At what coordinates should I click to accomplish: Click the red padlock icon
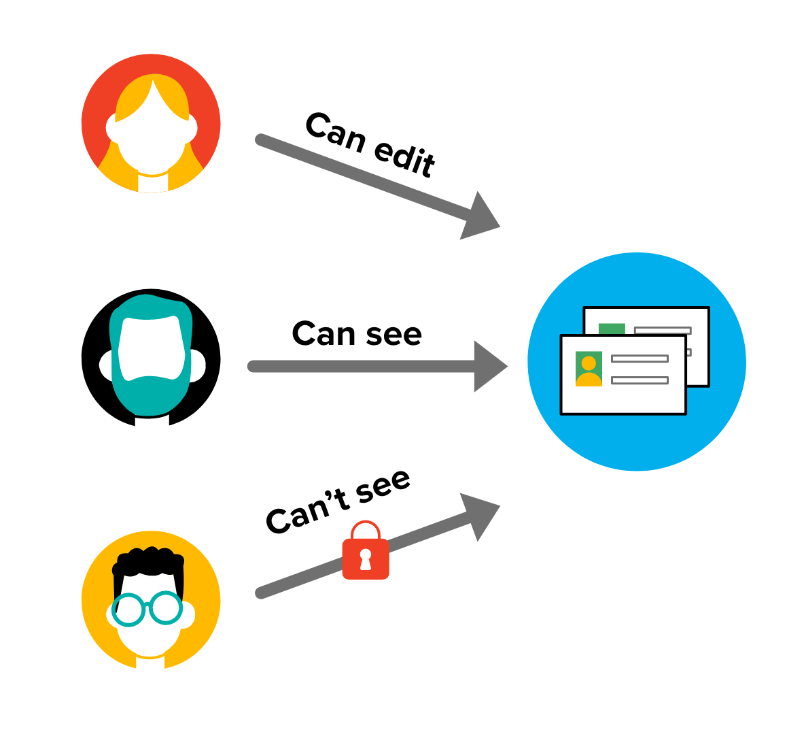[366, 557]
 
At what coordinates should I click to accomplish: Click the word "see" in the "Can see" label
[394, 334]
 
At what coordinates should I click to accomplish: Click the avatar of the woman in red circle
[151, 124]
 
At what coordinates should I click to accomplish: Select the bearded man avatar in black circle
[151, 358]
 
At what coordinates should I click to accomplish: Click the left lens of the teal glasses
[129, 610]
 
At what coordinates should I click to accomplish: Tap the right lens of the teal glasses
[166, 608]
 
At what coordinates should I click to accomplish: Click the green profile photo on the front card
[589, 369]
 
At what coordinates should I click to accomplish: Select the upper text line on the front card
[639, 359]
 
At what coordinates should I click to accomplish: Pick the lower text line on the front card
[639, 380]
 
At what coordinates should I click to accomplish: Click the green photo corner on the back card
[612, 329]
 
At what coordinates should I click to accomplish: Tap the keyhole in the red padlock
[366, 558]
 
